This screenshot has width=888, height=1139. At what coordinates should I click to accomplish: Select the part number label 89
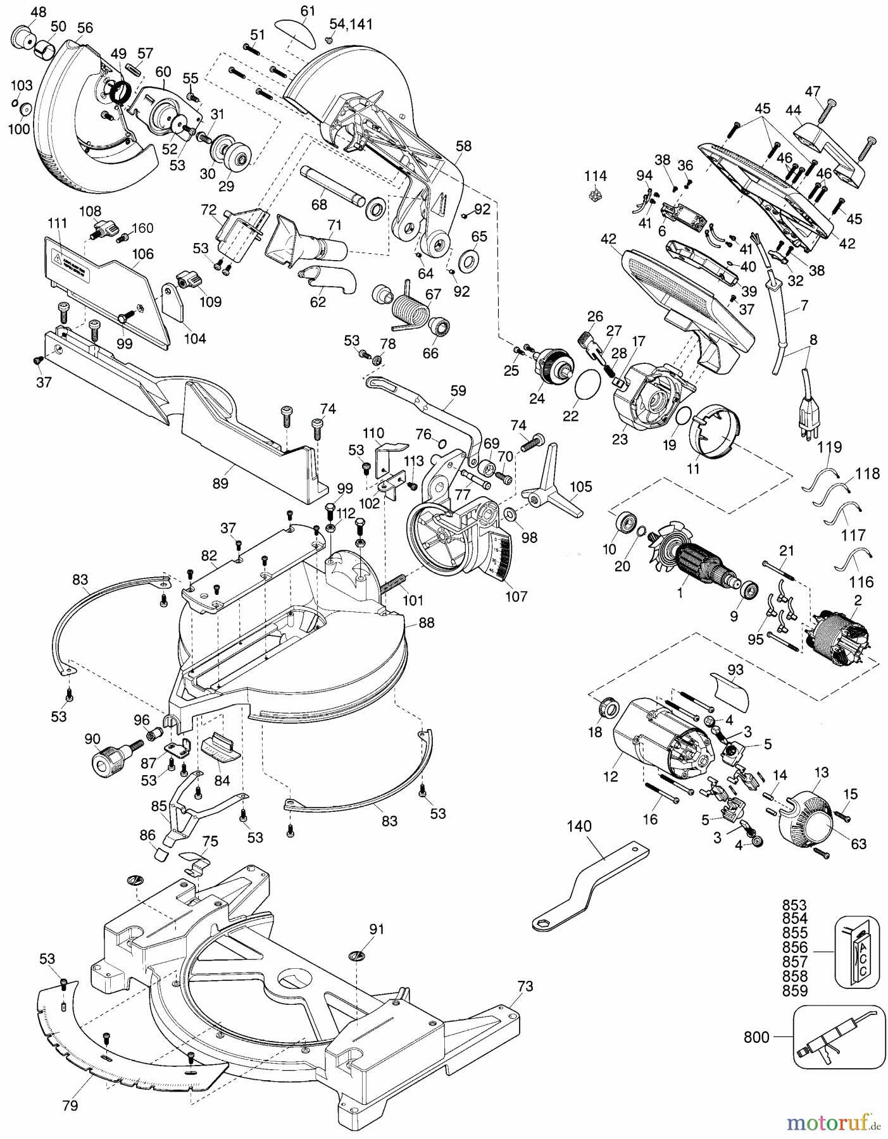tap(220, 483)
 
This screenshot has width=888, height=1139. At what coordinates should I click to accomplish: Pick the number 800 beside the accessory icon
tap(756, 1037)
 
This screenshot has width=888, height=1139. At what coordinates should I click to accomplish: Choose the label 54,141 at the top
tap(351, 25)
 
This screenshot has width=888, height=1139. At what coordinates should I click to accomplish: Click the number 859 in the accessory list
tap(795, 991)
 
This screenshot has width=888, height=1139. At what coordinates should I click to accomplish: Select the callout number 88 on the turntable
tap(427, 623)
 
